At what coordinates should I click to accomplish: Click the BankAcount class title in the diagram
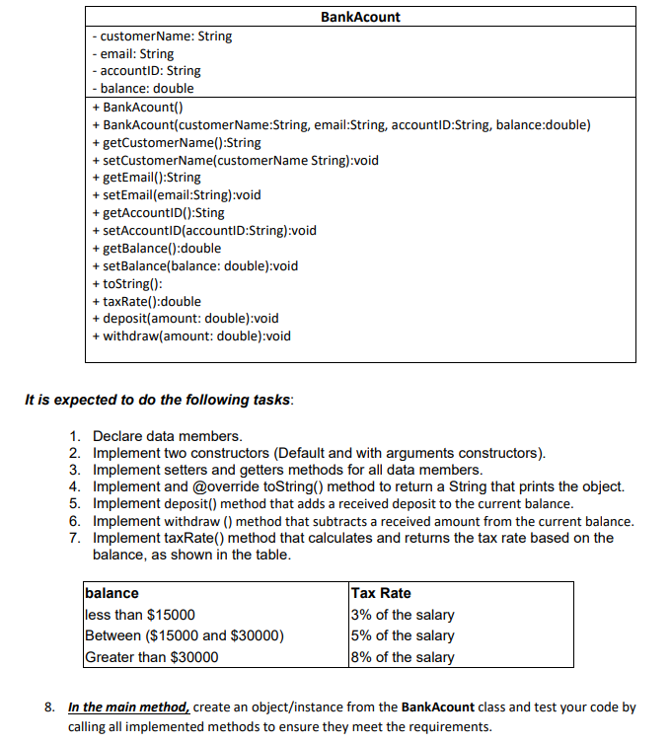361,17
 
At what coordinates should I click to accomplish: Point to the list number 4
74,486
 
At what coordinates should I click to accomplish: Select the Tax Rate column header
381,593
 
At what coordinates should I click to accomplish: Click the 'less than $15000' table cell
140,615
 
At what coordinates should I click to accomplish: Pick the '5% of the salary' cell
403,635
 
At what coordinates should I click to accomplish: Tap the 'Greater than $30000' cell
152,657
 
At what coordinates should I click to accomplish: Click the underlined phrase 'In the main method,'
129,707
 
